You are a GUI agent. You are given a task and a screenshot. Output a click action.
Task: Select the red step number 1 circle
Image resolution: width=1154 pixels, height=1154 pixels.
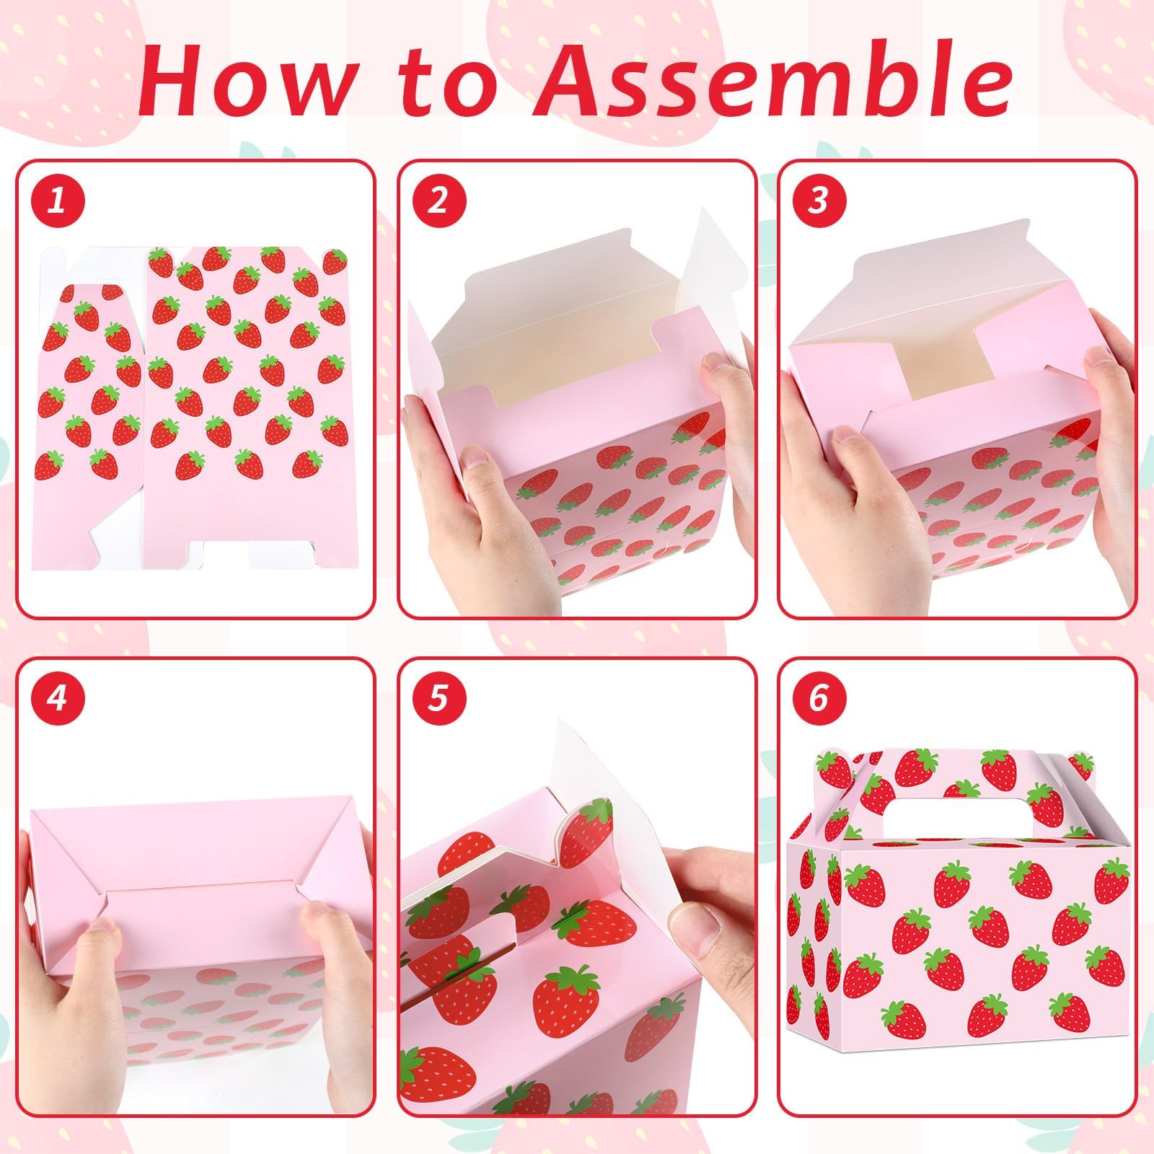pyautogui.click(x=58, y=200)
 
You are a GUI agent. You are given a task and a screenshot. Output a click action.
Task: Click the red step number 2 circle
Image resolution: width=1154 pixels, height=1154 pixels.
pyautogui.click(x=438, y=200)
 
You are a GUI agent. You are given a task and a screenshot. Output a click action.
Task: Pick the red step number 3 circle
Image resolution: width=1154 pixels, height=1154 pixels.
pyautogui.click(x=817, y=200)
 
